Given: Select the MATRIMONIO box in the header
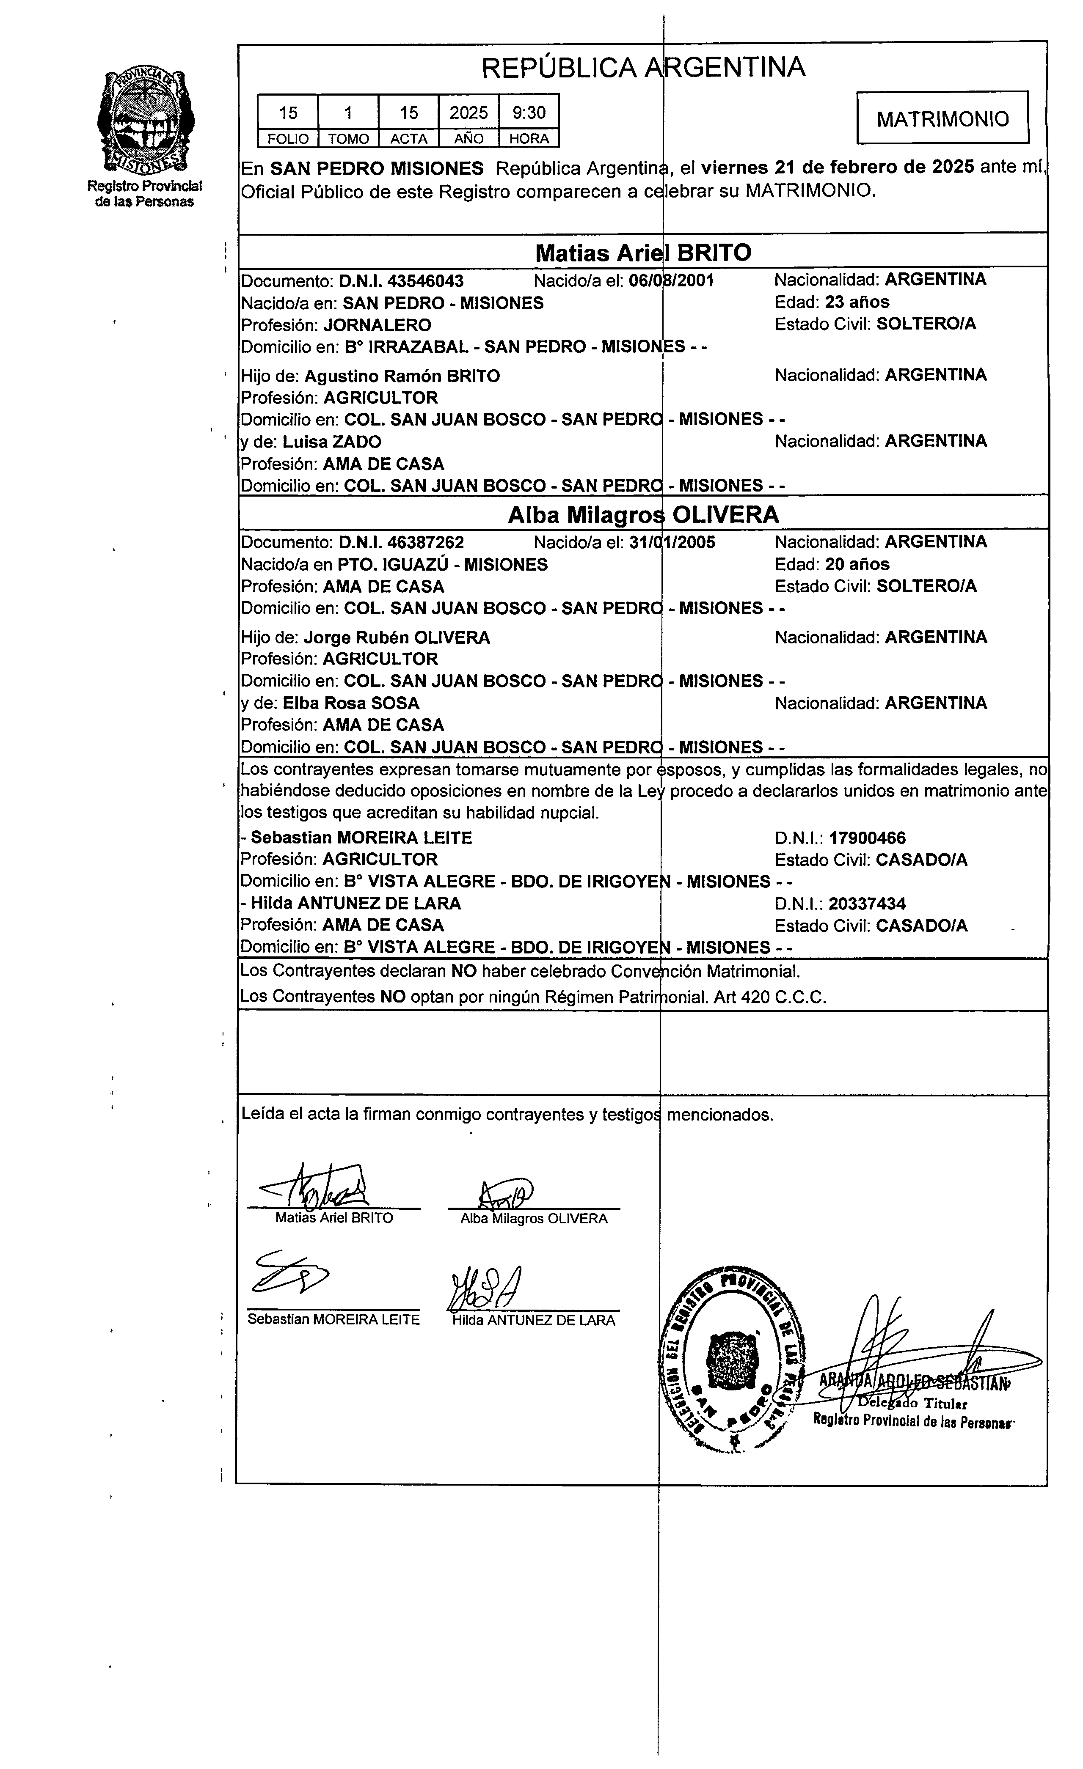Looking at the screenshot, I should click(x=942, y=118).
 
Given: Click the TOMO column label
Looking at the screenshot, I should click(x=348, y=139).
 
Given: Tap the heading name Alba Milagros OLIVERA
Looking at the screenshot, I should click(x=643, y=515).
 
